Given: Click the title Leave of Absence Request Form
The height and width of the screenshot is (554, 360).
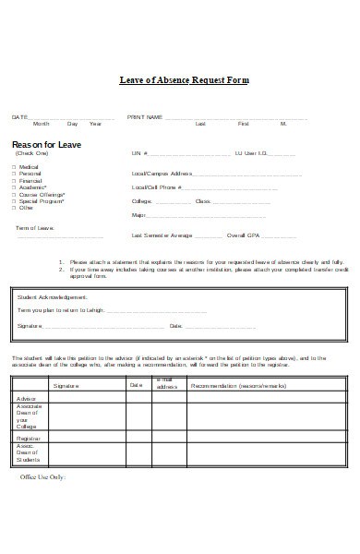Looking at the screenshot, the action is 185,80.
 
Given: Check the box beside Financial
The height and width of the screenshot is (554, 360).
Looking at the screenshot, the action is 13,180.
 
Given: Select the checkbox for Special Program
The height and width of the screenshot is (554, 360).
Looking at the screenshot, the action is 13,200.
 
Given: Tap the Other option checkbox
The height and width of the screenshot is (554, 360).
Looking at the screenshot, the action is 13,208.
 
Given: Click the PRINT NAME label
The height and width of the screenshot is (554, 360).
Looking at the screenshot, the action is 145,117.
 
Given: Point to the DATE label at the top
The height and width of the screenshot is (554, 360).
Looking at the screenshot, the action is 19,117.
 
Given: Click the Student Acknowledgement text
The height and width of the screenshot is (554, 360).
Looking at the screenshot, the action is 52,297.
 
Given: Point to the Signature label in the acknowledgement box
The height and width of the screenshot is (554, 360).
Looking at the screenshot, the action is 30,326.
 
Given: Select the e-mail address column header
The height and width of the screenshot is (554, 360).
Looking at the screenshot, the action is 166,384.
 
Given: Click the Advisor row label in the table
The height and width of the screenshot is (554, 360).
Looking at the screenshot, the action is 26,397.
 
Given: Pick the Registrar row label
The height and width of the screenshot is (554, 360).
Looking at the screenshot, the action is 29,438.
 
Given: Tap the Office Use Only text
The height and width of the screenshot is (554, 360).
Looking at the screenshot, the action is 43,477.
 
